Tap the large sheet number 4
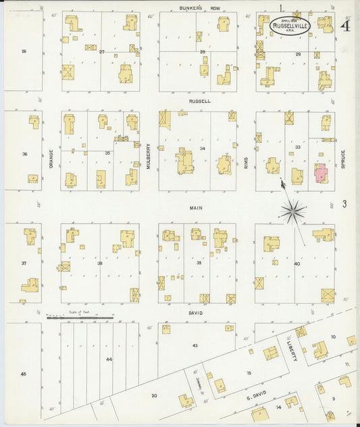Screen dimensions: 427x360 [345, 26]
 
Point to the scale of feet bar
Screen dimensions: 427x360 [79, 316]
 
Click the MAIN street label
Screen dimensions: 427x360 [197, 209]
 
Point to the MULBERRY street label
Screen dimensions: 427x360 [149, 155]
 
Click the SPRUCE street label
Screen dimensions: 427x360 [343, 159]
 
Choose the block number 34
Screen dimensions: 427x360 [202, 148]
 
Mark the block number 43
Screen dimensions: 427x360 [195, 345]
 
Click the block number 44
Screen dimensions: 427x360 [109, 359]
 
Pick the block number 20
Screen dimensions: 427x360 [154, 395]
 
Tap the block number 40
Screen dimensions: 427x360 [297, 263]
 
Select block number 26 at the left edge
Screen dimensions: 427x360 [24, 51]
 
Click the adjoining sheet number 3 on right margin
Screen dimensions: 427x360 [344, 203]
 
